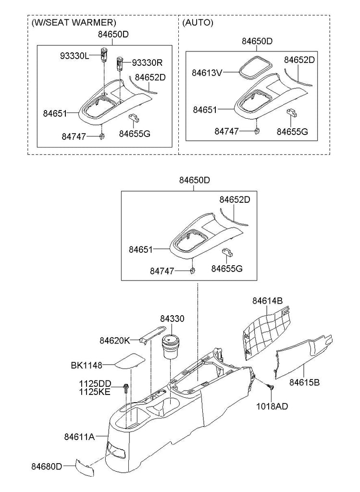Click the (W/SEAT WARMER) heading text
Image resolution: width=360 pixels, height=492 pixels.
pos(74,23)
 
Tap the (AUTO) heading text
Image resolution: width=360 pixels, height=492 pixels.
pos(198,23)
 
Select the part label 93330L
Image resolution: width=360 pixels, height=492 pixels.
pos(74,56)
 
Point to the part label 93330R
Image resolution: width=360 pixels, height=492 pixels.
pos(147,63)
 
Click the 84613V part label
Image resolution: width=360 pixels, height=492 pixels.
pos(207,73)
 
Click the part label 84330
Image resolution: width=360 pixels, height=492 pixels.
pos(173,319)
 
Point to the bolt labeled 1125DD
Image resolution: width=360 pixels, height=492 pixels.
pos(126,388)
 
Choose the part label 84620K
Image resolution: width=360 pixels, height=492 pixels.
pos(115,341)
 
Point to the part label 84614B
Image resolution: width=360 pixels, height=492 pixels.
pos(267,301)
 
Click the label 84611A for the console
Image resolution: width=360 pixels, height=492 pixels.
pos(79,436)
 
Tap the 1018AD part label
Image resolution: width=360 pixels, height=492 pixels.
pos(272,406)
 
